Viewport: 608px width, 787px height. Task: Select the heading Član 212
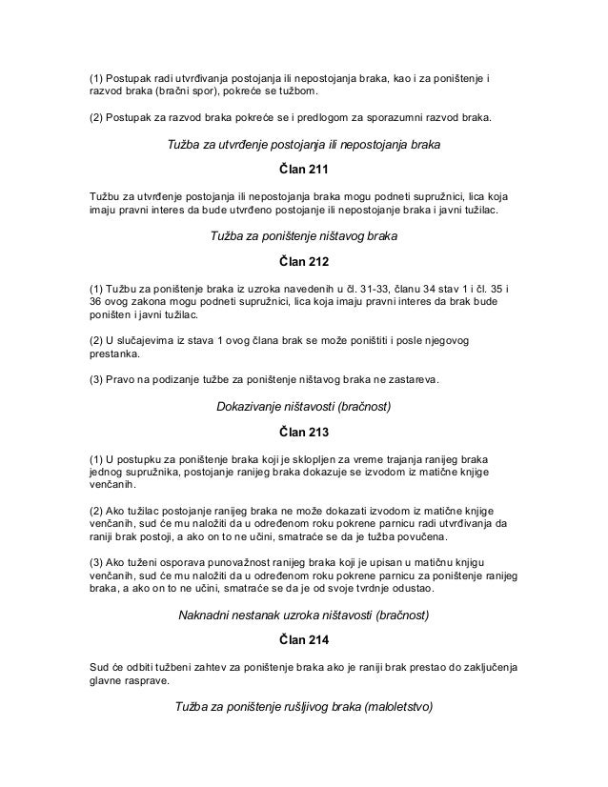303,261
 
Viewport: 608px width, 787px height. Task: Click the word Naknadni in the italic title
207,615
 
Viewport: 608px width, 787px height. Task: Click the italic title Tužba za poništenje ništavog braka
303,233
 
